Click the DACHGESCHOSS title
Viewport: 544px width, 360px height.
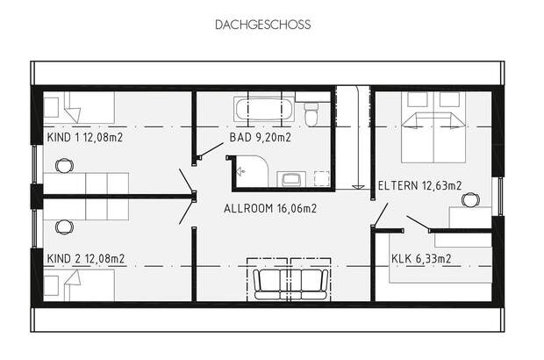coord(262,25)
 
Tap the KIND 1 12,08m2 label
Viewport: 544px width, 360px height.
coord(85,138)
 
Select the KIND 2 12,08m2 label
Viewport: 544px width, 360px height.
coord(85,258)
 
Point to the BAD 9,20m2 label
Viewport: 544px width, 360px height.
coord(260,138)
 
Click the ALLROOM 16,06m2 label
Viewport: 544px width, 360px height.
coord(269,209)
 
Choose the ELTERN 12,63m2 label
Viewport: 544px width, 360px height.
coord(419,185)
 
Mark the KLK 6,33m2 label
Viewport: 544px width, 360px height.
coord(420,258)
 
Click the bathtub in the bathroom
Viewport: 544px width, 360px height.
coord(262,111)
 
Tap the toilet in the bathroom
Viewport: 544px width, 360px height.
coord(311,115)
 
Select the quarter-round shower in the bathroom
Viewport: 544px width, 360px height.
coord(252,170)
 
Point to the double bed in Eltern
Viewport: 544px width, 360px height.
coord(433,126)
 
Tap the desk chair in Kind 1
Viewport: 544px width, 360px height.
coord(64,164)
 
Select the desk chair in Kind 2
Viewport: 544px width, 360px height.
coord(64,227)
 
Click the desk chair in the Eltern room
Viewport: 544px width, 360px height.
coord(470,199)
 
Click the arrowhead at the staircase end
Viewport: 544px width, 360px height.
coord(357,186)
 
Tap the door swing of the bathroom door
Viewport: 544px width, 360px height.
coord(211,151)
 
